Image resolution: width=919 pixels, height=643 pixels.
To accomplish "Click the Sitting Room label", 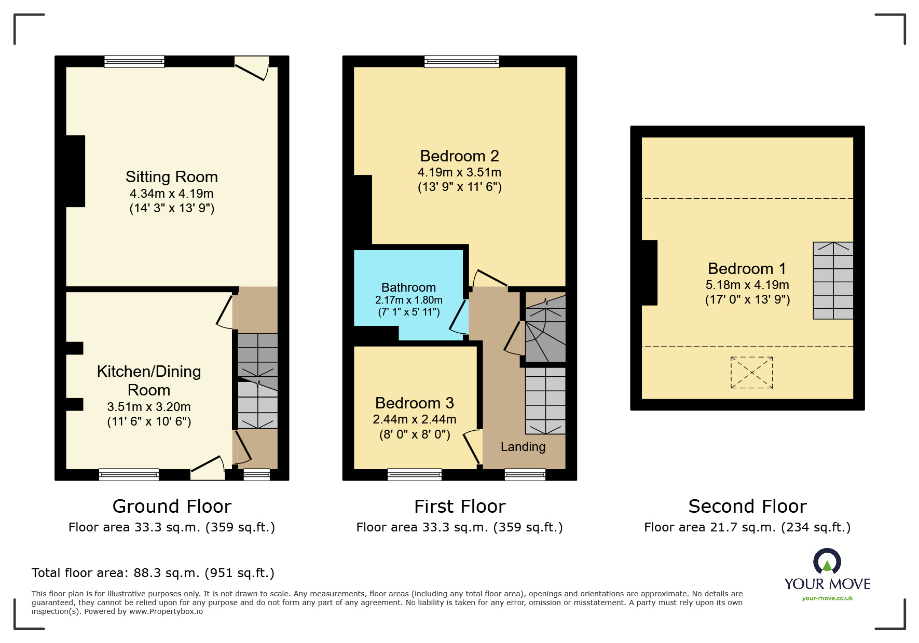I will [171, 177].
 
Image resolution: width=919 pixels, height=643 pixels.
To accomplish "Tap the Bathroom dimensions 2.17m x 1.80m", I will [408, 300].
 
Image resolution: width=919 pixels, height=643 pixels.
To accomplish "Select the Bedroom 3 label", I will [414, 403].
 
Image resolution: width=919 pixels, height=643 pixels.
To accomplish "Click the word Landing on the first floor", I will [523, 447].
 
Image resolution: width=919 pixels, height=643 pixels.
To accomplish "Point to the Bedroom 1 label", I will [747, 268].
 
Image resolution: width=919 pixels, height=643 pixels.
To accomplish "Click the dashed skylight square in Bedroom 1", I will [751, 372].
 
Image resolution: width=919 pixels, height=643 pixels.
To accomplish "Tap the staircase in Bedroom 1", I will [833, 280].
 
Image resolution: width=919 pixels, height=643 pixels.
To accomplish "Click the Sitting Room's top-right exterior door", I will [252, 69].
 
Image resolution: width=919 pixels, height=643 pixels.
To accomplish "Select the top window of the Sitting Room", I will [134, 62].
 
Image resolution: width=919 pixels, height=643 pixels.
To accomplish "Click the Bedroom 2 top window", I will [461, 62].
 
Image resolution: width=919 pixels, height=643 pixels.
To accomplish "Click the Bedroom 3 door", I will [472, 446].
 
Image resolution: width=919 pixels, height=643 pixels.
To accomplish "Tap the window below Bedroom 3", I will [415, 474].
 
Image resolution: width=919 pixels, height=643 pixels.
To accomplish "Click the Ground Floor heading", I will [172, 506].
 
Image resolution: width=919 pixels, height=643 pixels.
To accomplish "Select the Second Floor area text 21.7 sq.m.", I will [747, 527].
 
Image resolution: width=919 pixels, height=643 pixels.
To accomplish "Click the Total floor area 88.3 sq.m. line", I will [153, 573].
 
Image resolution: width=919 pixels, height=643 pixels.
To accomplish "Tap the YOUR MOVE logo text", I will [827, 584].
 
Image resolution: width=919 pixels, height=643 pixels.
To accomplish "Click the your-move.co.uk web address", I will [827, 598].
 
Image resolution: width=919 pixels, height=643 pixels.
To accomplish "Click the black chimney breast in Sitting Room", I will [76, 171].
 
